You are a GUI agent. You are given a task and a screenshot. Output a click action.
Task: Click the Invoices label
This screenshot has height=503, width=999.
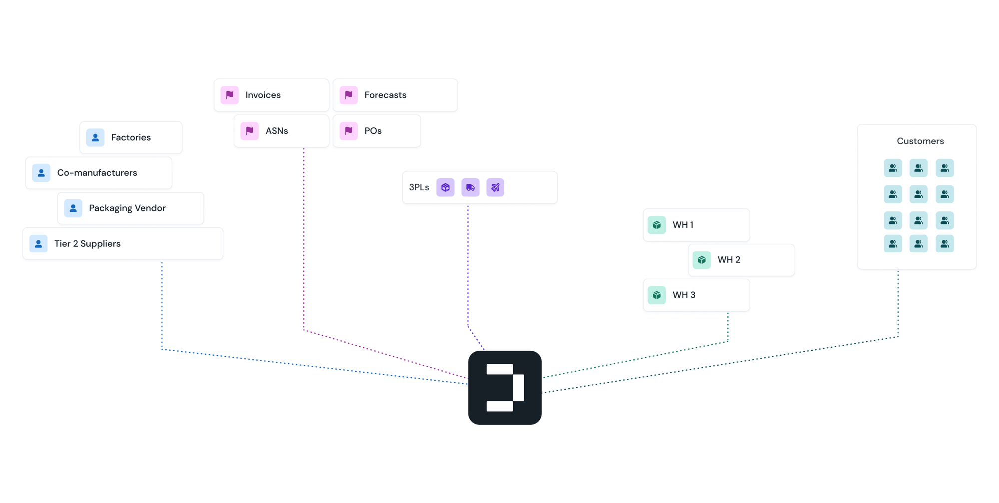click(263, 95)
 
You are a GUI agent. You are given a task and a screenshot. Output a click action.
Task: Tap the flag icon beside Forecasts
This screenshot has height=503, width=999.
click(349, 95)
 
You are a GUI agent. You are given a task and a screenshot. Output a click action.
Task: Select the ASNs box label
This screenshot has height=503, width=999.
click(277, 131)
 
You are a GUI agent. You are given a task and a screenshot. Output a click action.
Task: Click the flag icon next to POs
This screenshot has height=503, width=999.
click(349, 131)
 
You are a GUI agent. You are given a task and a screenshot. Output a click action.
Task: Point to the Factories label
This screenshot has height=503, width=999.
click(131, 137)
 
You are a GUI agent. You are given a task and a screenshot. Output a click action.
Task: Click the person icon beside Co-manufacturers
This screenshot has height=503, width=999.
click(41, 173)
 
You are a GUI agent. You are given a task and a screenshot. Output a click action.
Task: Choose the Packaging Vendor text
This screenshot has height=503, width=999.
click(127, 208)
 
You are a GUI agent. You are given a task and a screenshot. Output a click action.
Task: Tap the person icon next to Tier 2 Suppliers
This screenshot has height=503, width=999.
click(38, 244)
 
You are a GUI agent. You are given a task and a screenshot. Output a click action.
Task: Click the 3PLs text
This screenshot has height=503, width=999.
click(419, 187)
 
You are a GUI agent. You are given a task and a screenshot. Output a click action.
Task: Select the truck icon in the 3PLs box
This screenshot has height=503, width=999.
click(470, 187)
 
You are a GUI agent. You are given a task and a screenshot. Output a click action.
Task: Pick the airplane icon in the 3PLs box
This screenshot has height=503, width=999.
click(495, 187)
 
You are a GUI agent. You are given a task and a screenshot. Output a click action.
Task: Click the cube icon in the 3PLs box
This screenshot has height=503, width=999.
click(445, 187)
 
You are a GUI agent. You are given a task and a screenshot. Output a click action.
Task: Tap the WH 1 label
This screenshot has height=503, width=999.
click(683, 225)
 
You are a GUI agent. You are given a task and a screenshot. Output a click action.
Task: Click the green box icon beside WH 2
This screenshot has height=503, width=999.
click(702, 260)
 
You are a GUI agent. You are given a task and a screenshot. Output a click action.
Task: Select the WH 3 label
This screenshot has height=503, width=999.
click(684, 295)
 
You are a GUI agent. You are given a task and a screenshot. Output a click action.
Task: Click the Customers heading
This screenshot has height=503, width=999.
click(920, 141)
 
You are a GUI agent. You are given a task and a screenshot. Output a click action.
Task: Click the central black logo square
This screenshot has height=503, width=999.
click(504, 388)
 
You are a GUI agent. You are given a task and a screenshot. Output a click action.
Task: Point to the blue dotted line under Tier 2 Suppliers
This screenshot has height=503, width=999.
click(162, 304)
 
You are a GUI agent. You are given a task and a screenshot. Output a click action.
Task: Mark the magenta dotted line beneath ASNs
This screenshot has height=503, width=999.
click(304, 240)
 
